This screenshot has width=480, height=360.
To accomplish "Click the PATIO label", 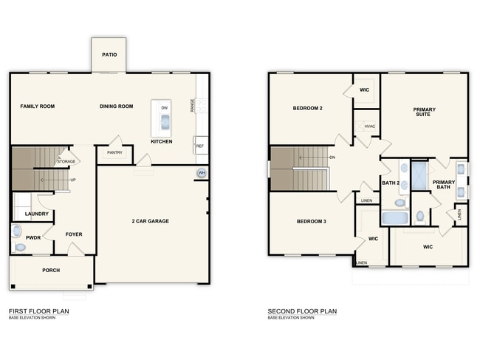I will point(110,54).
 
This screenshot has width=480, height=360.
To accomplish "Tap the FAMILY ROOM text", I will point(37,106).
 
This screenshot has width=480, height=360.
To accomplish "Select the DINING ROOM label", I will point(117,106).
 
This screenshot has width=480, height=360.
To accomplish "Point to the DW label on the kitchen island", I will point(164,108).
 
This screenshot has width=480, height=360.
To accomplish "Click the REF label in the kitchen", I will point(199,146).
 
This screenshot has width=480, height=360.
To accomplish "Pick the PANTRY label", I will point(114,152).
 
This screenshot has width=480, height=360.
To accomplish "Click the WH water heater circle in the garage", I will point(201,174).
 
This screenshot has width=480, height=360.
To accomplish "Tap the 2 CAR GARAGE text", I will point(151,220).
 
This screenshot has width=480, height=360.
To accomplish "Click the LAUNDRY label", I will point(36,214).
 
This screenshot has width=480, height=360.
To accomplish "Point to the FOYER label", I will point(74,235).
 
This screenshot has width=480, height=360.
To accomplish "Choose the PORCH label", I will point(51,270).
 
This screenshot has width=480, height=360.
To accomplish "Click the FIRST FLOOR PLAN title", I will point(39,311).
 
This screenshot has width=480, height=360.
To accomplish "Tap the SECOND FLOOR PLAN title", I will point(302,311).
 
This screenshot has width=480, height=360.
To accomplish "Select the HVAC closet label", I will point(370,126).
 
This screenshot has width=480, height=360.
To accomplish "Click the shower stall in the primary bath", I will point(419,178).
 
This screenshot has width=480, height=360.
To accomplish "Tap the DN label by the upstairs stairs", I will point(332,157).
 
